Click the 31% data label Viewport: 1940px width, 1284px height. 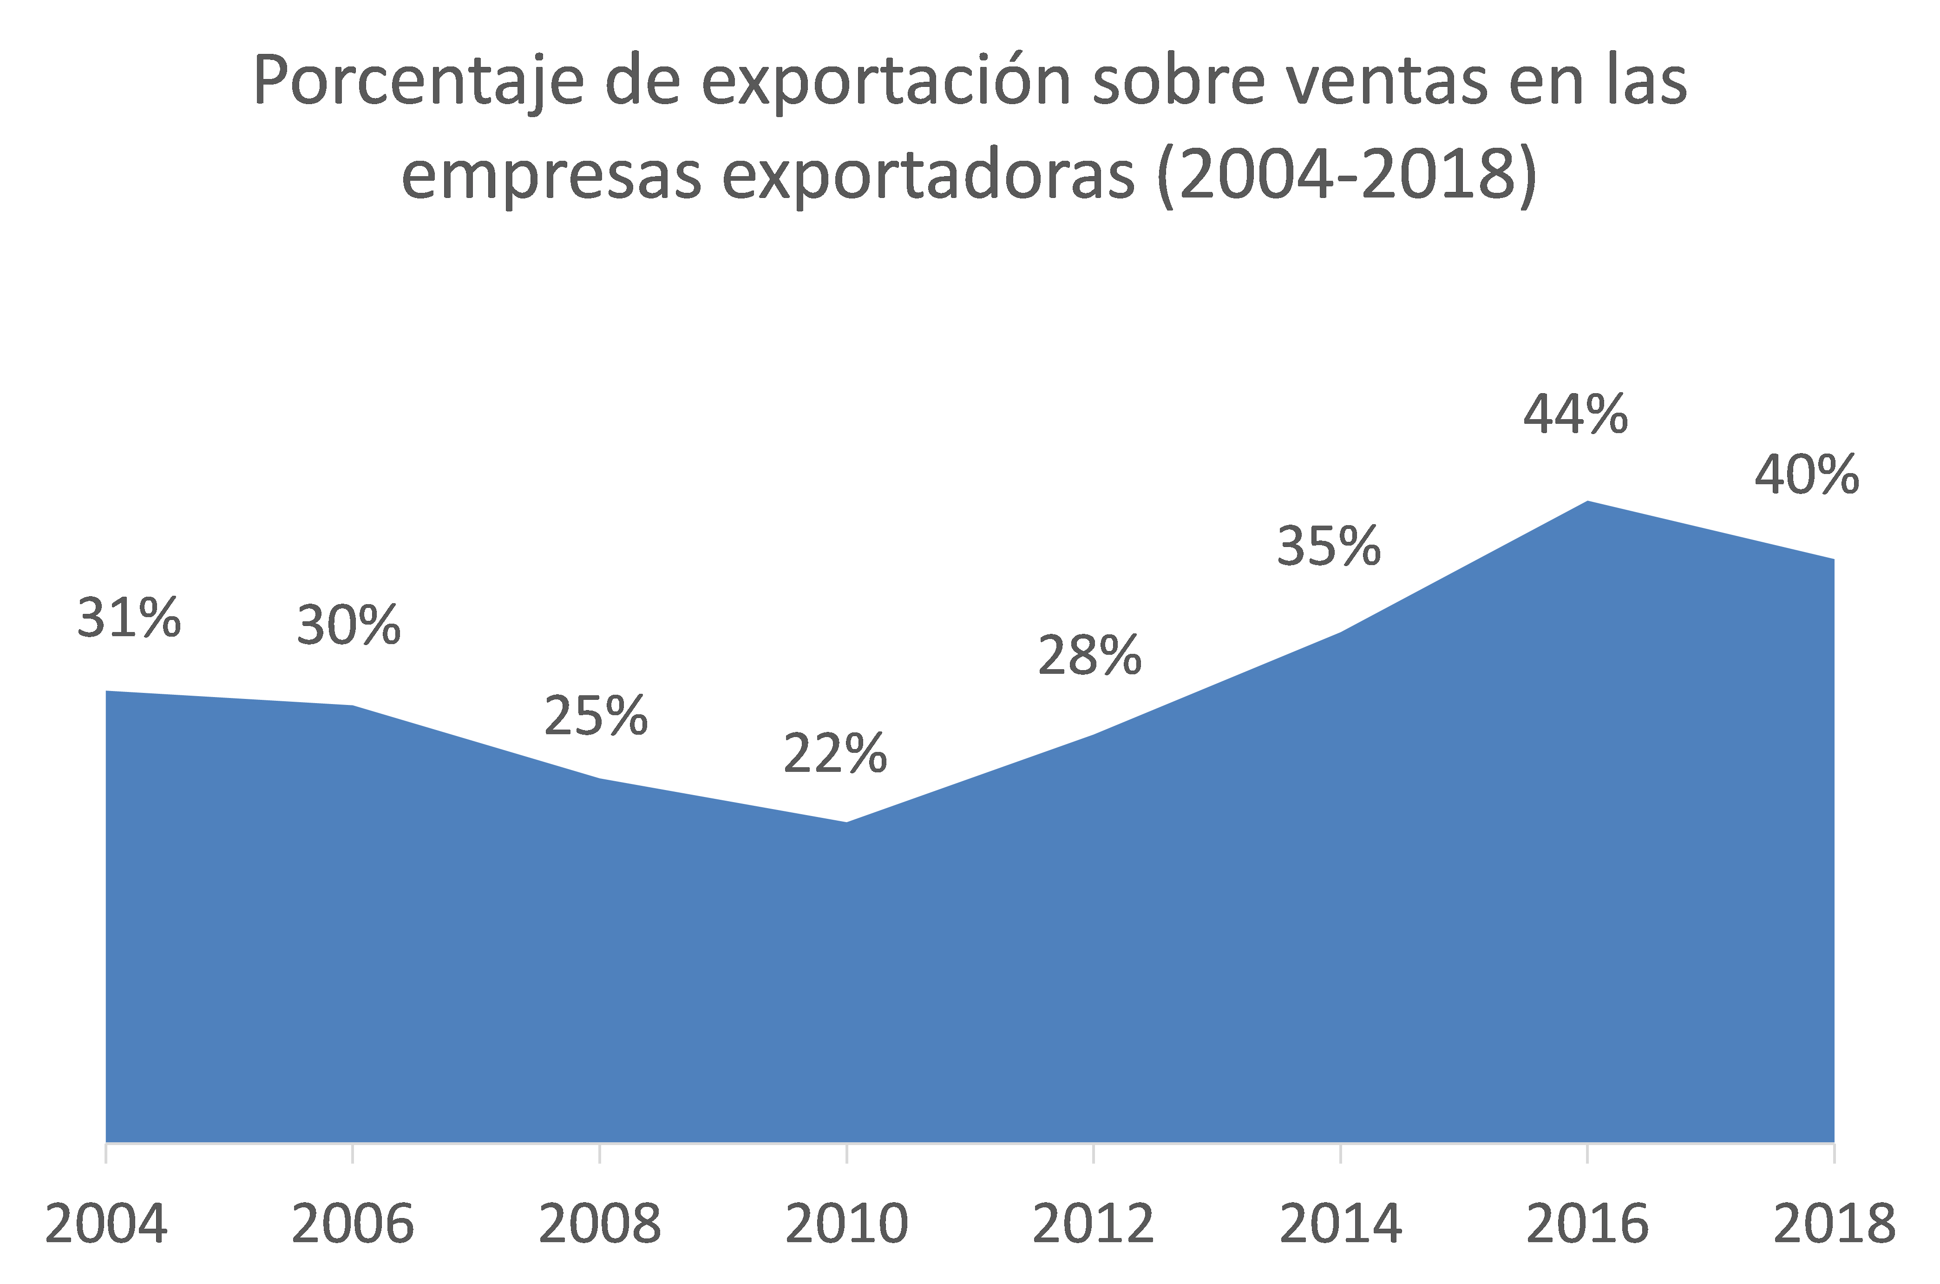point(129,618)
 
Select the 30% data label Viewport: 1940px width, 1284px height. point(349,626)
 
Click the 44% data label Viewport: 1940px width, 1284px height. point(1576,415)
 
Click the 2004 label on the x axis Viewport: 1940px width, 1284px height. point(106,1224)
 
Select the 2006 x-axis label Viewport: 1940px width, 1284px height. point(353,1224)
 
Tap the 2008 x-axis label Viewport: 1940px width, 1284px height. point(600,1224)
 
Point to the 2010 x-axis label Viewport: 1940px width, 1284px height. point(847,1224)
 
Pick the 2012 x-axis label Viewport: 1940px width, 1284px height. point(1094,1224)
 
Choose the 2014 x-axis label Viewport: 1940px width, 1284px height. point(1341,1224)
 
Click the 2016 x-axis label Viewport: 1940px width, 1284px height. point(1588,1224)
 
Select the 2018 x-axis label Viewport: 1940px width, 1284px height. point(1835,1224)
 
